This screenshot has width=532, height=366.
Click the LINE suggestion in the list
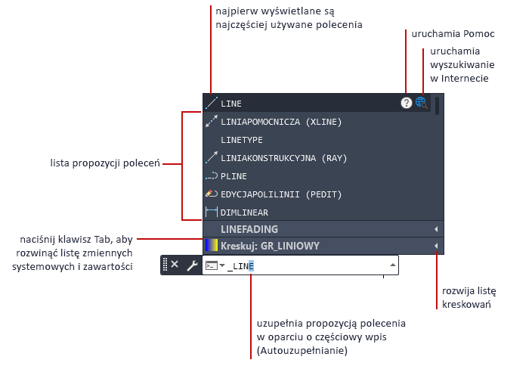tap(231, 104)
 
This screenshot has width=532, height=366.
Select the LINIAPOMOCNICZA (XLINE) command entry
tap(281, 122)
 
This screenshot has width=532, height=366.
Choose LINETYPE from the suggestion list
tap(242, 140)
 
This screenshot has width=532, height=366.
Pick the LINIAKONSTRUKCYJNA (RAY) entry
tap(283, 158)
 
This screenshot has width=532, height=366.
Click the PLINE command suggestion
tap(234, 176)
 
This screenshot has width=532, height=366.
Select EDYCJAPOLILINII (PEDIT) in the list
tap(281, 194)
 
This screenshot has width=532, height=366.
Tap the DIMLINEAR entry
tap(244, 212)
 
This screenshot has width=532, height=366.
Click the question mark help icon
tap(406, 103)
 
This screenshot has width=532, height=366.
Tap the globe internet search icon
tap(422, 103)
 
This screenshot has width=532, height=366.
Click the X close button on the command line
tap(175, 264)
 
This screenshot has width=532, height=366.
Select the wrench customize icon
tap(193, 265)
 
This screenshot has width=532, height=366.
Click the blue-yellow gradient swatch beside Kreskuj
tap(212, 246)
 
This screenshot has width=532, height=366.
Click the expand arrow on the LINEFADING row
tap(436, 229)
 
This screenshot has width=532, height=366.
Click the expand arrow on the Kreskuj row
tap(436, 246)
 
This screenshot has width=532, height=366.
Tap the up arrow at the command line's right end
tap(392, 265)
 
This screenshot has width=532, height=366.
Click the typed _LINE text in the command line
tap(240, 266)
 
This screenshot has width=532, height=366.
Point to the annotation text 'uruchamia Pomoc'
tap(453, 33)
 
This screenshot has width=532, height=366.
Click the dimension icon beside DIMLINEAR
tap(212, 212)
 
